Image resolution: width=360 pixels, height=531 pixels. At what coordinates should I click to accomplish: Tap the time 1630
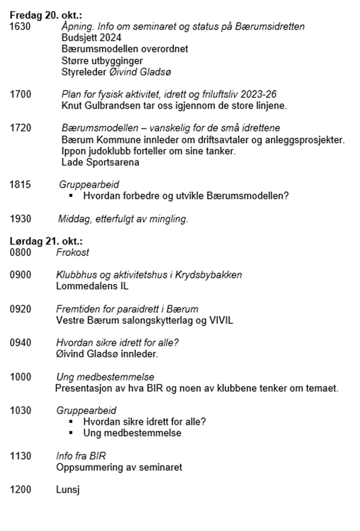20,27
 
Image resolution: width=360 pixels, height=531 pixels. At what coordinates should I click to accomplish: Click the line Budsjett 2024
92,38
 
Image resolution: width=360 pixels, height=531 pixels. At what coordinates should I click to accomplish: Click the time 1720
20,129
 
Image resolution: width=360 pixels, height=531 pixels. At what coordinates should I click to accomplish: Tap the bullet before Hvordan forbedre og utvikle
72,196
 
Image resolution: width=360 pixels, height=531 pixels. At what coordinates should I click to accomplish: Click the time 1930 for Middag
20,219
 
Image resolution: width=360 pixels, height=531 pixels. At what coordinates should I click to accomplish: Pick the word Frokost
73,252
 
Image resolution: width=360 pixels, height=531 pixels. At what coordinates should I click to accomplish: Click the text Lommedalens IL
92,286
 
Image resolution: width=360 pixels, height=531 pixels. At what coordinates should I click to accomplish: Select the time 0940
20,343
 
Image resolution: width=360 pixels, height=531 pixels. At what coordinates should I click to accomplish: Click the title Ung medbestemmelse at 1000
105,377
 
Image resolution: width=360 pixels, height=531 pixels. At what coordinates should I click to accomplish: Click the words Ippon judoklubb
93,152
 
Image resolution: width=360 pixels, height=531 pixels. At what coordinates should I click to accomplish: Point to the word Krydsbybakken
213,275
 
